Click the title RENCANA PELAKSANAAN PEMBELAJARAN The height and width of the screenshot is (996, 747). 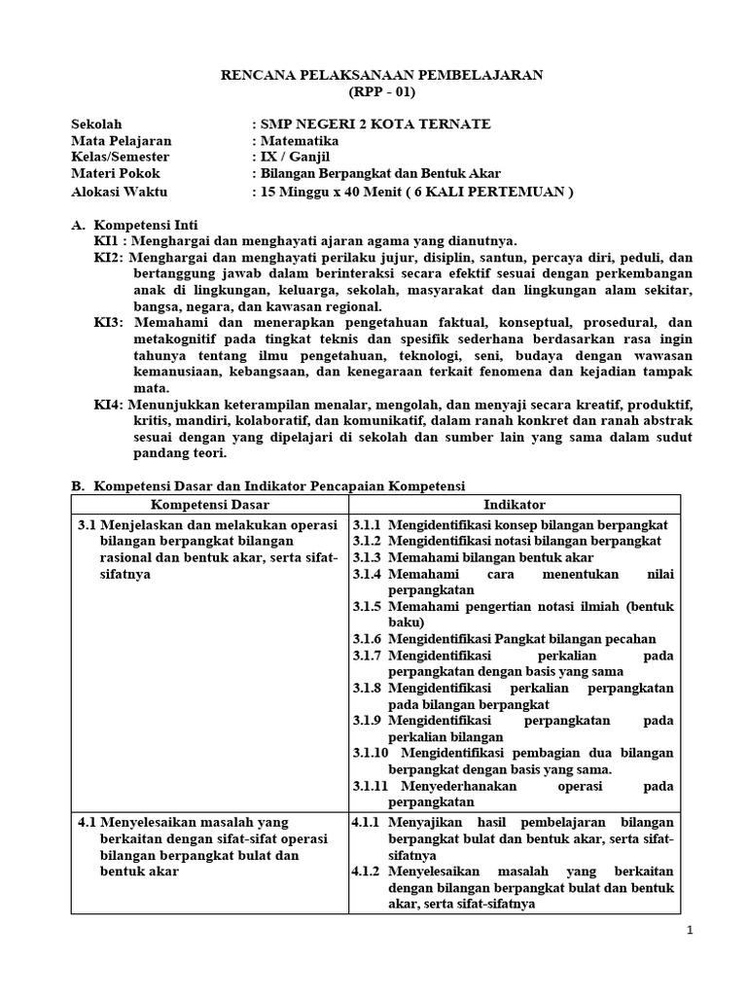click(x=373, y=74)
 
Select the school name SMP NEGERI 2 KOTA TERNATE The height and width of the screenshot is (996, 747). click(x=373, y=124)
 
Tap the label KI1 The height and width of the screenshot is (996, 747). click(x=105, y=241)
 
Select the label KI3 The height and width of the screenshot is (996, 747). click(x=107, y=321)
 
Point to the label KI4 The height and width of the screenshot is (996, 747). click(x=107, y=404)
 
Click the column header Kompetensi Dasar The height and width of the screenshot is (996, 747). click(x=210, y=504)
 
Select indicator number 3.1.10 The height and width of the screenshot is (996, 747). click(x=371, y=753)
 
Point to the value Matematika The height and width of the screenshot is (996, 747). click(x=297, y=141)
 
